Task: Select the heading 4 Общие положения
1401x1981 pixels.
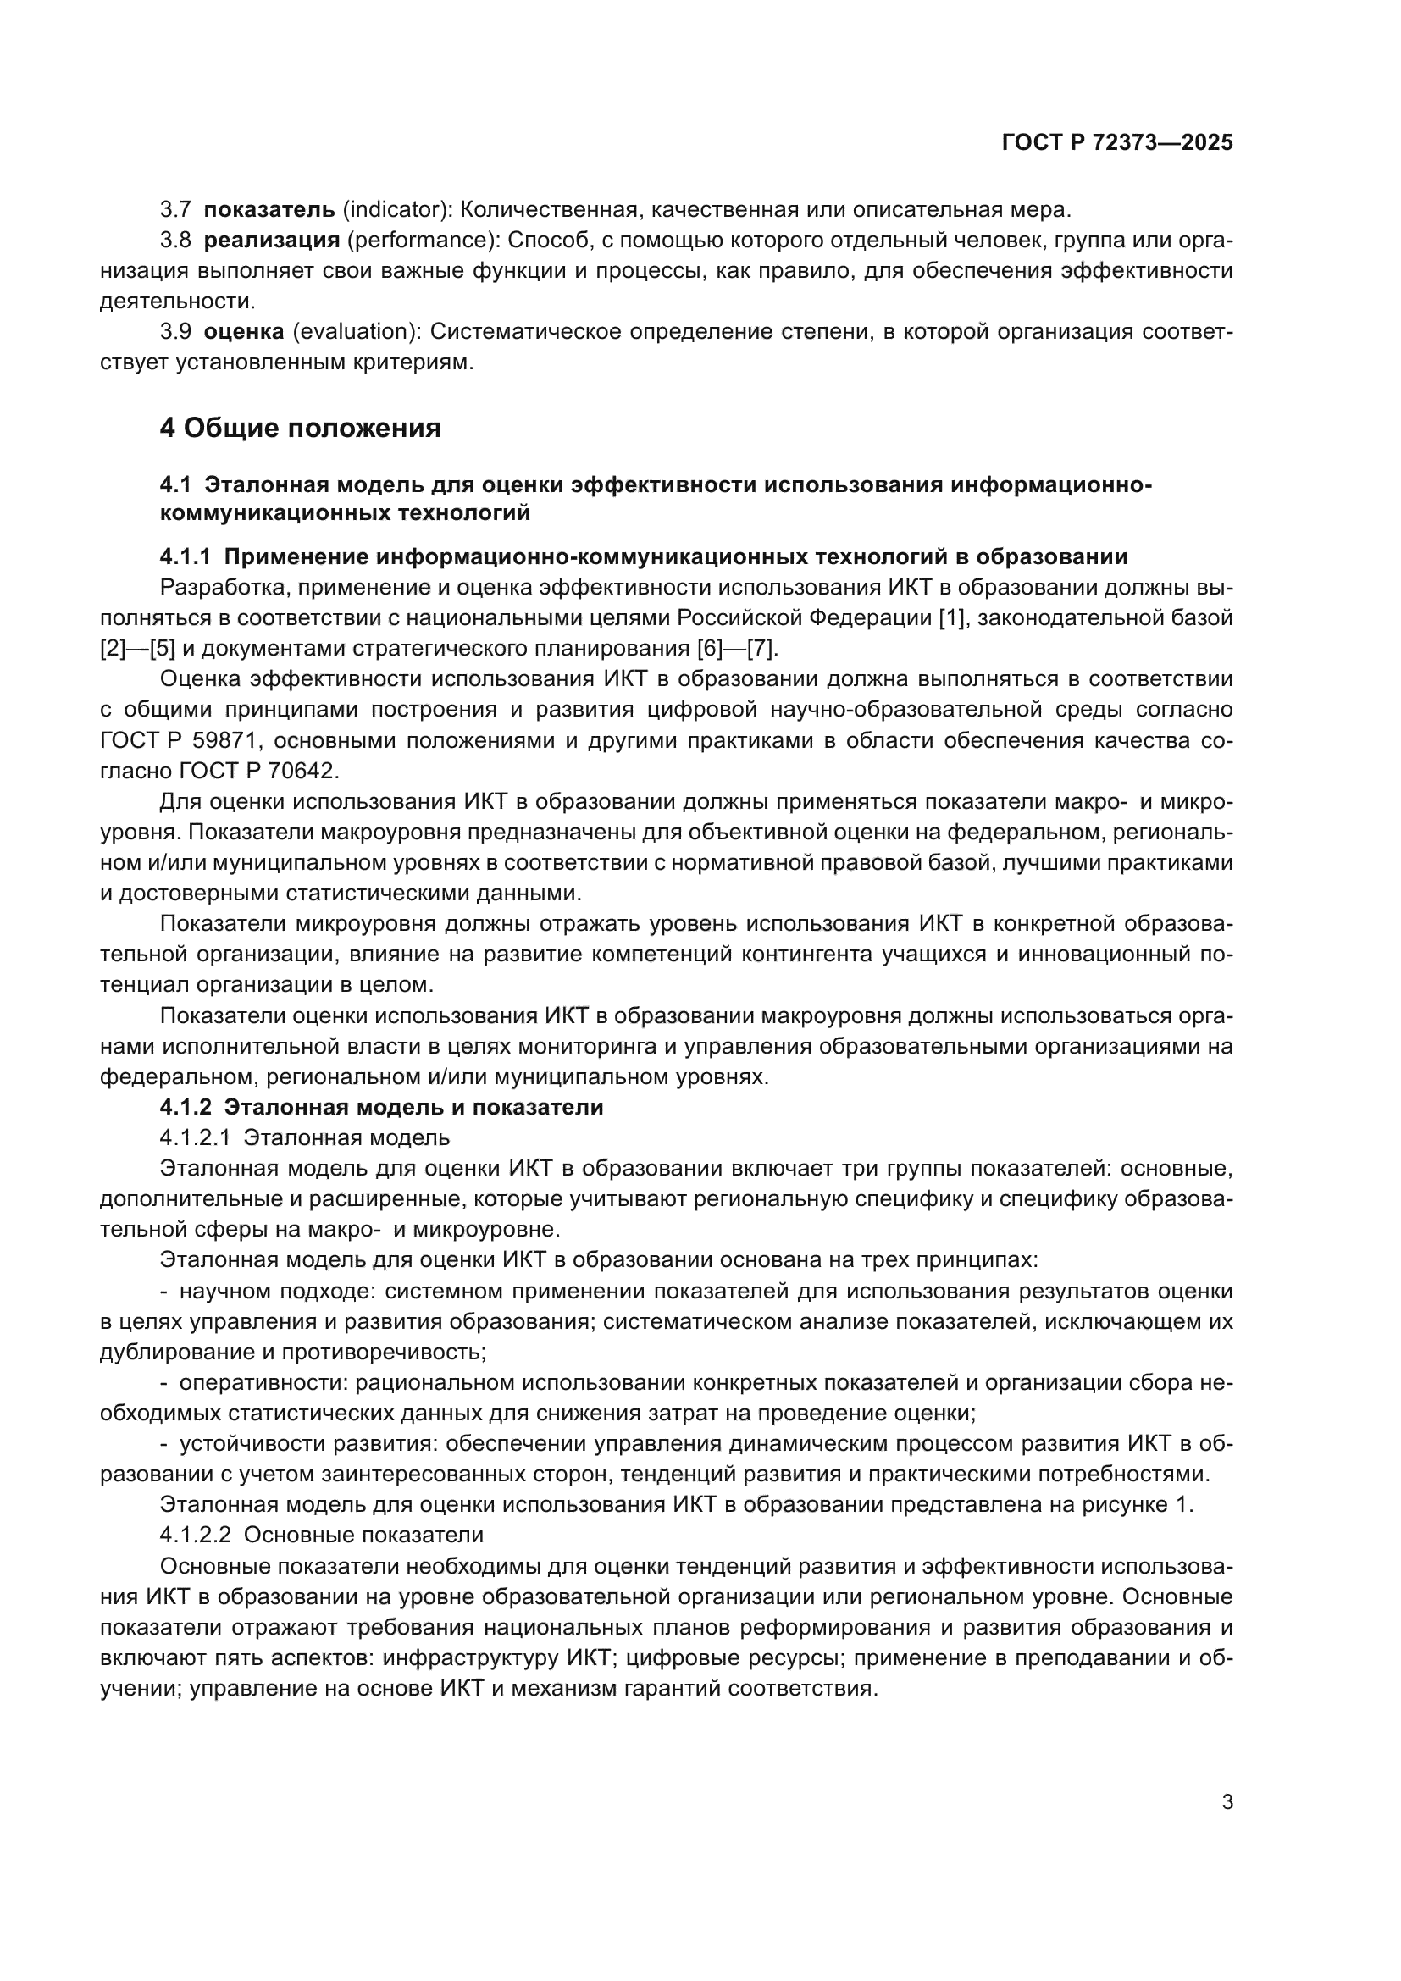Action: [300, 428]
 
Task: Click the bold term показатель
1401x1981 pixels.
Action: [269, 209]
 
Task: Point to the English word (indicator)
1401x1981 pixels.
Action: [398, 209]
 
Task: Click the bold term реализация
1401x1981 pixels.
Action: [272, 240]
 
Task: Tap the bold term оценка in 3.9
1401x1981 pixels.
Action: [244, 331]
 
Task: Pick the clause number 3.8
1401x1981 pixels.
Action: [176, 240]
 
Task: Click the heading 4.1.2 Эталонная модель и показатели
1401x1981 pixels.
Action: [381, 1108]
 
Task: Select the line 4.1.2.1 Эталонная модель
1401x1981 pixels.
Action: [305, 1138]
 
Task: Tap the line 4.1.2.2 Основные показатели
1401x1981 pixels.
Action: [321, 1535]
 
